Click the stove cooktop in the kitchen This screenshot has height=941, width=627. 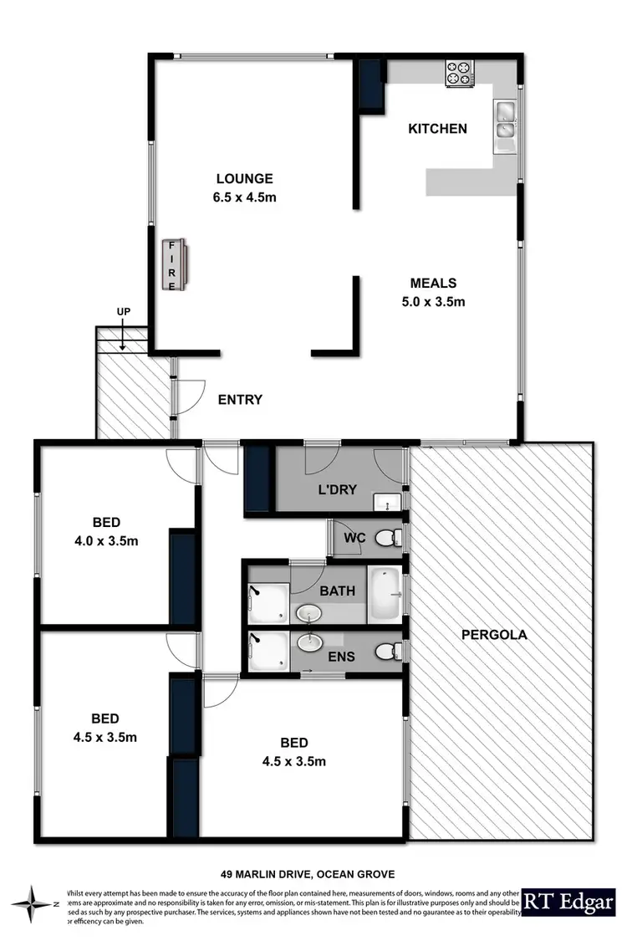[458, 73]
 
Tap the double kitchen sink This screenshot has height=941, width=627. [505, 119]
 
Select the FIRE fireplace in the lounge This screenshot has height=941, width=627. [175, 264]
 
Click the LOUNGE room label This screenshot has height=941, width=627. [244, 178]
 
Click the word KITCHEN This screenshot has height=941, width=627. [436, 129]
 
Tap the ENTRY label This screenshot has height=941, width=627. [239, 400]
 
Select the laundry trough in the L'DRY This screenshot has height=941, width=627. [388, 501]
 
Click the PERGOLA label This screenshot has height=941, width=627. [494, 634]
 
